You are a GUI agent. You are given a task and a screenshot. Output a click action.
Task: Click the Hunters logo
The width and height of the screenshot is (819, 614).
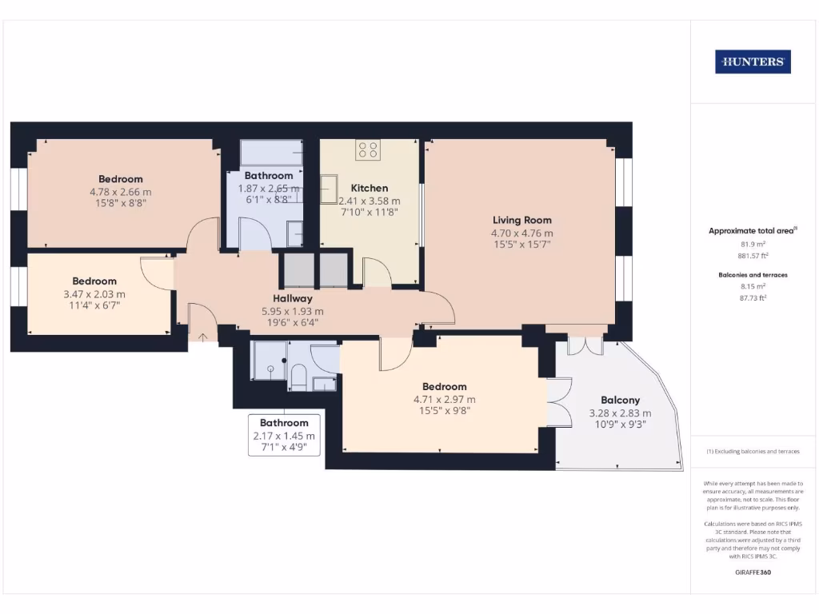pos(753,62)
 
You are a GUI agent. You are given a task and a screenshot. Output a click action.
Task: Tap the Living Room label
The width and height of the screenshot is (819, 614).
pos(521,220)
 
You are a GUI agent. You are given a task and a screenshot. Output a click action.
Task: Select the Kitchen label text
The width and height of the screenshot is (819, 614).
pos(369,188)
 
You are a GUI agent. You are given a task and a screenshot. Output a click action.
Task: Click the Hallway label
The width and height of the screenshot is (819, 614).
pos(292,298)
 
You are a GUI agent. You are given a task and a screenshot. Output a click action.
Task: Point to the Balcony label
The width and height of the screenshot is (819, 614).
pos(620,400)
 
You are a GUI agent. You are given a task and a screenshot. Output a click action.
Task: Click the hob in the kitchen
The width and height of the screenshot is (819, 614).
pos(368,148)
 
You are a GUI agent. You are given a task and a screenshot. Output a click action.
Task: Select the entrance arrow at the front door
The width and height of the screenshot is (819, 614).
pos(202,337)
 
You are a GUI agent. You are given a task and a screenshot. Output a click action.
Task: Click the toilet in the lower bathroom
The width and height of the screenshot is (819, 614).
pos(298,377)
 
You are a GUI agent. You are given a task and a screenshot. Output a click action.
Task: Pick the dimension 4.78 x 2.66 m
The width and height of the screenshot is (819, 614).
pos(121,192)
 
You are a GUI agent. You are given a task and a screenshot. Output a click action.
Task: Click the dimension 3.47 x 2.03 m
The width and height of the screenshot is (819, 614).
pos(94,294)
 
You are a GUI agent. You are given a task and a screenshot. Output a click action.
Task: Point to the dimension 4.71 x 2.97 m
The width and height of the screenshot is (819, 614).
pos(444,399)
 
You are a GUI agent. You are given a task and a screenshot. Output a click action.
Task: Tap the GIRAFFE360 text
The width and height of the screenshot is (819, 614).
pos(753,572)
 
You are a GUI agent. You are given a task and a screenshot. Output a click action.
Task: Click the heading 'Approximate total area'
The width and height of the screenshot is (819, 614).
pos(751,231)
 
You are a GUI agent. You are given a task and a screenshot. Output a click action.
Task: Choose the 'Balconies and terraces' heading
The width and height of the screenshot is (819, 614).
pos(752,274)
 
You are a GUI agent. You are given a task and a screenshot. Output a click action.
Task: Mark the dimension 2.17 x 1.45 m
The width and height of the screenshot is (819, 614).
pos(284,436)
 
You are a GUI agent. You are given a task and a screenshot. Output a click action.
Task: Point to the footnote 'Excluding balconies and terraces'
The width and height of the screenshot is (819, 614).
pos(753,452)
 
